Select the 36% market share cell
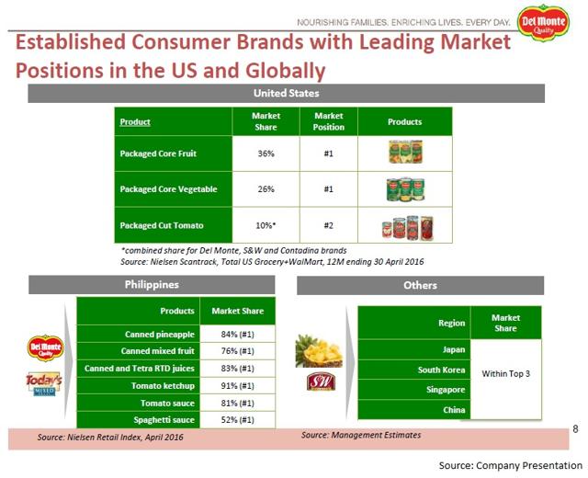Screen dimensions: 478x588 266,154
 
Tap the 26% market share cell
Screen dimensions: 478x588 266,189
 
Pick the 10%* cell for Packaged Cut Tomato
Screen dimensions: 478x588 266,225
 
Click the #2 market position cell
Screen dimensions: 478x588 328,225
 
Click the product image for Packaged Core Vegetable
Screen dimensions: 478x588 404,188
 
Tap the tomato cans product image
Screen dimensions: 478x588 404,225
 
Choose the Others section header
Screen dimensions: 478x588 420,285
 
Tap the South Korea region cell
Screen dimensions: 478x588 442,370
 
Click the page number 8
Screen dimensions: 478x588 575,428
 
